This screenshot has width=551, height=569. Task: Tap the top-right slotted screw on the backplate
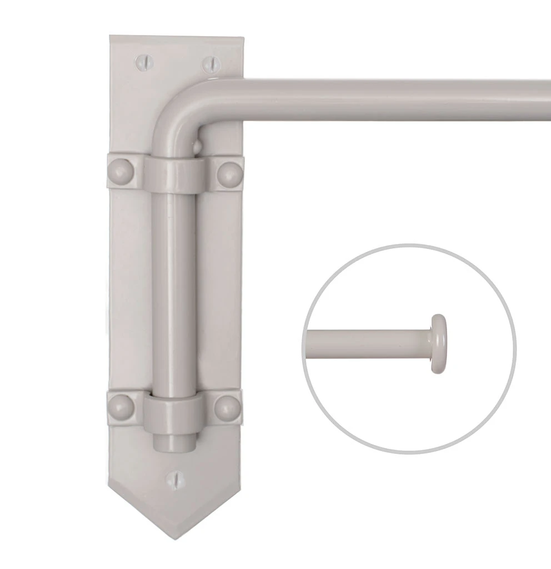(x=209, y=63)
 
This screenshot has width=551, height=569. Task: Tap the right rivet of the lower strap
(x=227, y=407)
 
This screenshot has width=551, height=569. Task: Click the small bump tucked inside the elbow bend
(x=196, y=146)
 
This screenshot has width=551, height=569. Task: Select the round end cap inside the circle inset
(x=439, y=343)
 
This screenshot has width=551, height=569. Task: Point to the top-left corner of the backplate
(x=111, y=38)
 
